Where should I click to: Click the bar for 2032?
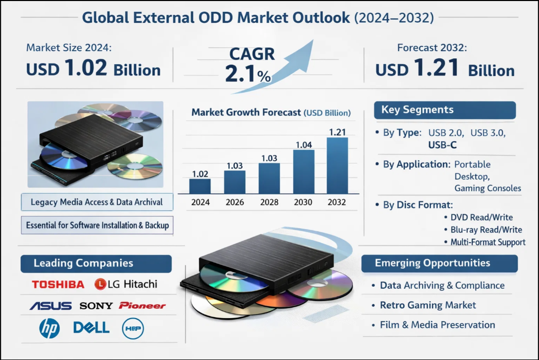click(x=338, y=165)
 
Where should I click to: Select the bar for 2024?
click(x=200, y=186)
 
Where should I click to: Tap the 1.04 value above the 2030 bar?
click(x=304, y=145)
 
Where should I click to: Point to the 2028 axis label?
click(x=268, y=202)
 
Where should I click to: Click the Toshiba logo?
click(x=58, y=284)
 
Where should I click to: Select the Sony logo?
click(x=96, y=306)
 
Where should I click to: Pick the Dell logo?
click(x=91, y=327)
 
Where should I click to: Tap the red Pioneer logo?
click(x=142, y=306)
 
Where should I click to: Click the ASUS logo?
click(x=51, y=306)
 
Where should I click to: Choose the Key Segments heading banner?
click(x=444, y=110)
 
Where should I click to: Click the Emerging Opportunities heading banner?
click(x=439, y=263)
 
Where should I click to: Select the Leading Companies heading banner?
click(x=96, y=263)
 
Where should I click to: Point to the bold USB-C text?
click(x=442, y=145)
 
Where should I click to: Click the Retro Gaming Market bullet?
click(x=428, y=305)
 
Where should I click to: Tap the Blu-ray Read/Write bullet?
click(x=486, y=230)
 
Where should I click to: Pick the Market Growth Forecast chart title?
click(x=271, y=113)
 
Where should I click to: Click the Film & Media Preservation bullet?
click(x=437, y=325)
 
